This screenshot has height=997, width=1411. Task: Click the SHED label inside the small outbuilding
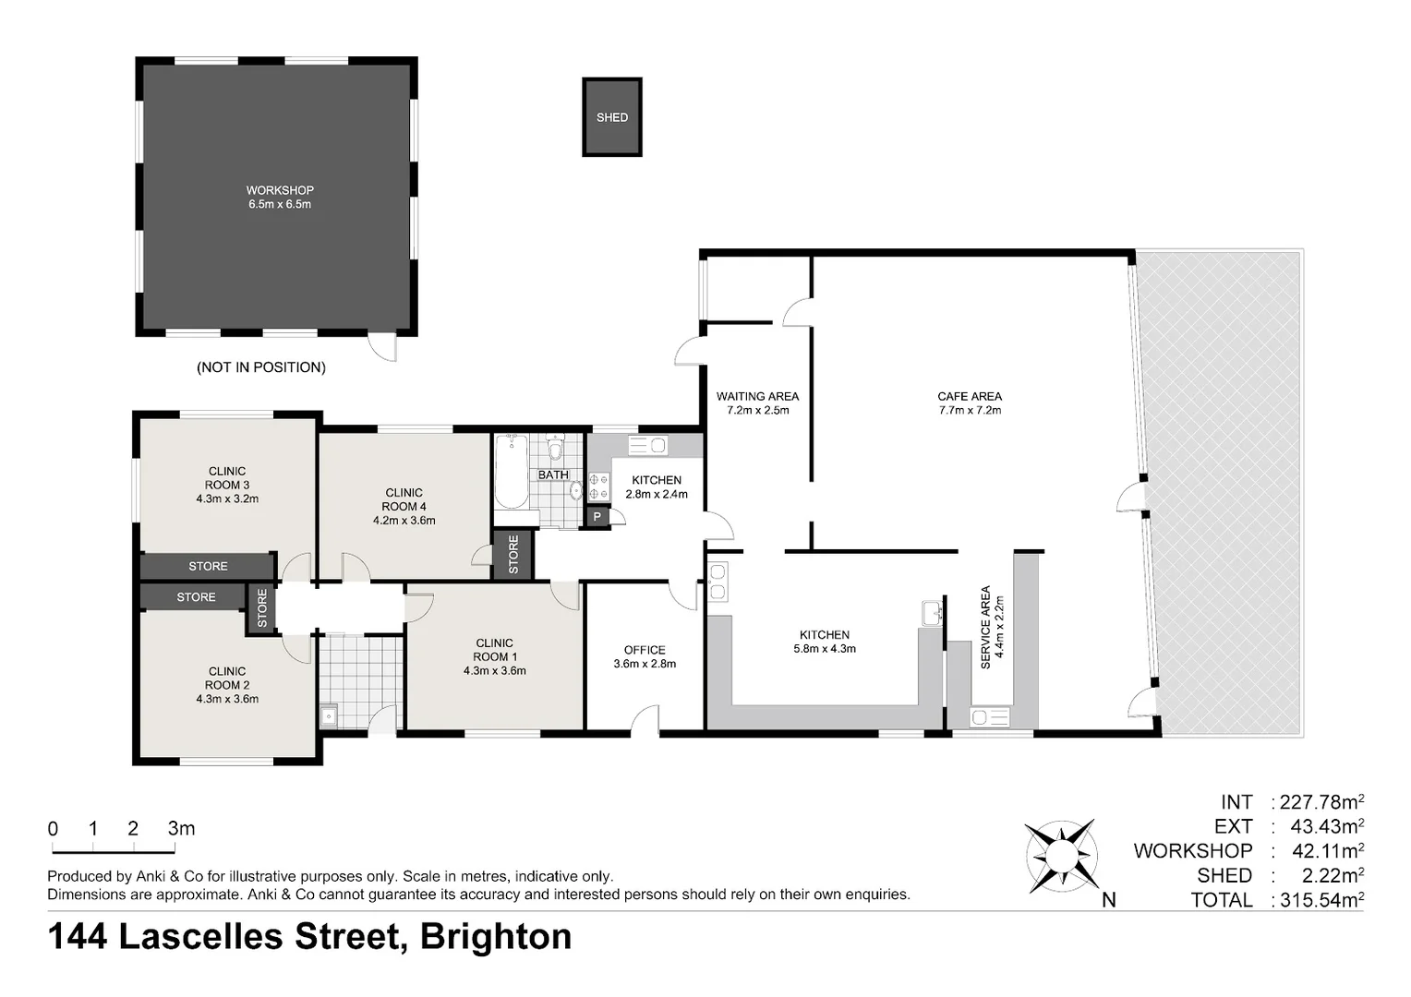point(611,118)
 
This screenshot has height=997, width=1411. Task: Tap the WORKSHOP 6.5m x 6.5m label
point(280,198)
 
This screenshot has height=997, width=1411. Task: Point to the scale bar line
point(114,852)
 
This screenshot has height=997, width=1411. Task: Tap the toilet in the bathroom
point(555,448)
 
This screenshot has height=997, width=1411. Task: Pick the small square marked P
point(597,517)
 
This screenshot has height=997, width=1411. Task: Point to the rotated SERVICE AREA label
point(992,627)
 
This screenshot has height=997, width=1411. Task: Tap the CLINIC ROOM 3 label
point(227,485)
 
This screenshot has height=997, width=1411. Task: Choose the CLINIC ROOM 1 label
point(494,657)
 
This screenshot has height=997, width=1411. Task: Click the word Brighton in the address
point(496,937)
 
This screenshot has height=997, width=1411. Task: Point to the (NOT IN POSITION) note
point(261,367)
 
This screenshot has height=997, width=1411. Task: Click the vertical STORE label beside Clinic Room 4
point(513,554)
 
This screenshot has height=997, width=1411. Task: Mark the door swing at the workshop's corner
point(382,348)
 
